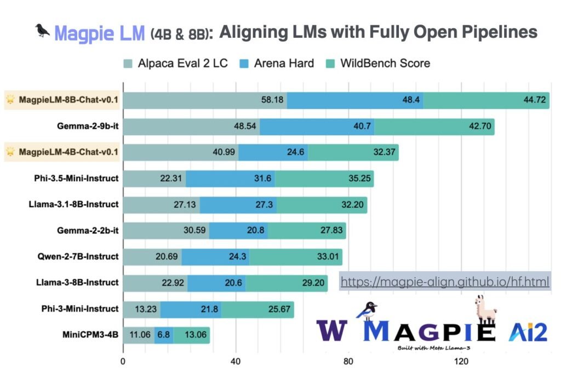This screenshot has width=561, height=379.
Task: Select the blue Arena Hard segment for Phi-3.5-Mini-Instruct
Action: [230, 179]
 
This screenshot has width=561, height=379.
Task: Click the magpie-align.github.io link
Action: [444, 282]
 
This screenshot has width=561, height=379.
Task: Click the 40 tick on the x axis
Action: [236, 362]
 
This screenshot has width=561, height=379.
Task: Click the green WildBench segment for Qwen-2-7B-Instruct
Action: [296, 256]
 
